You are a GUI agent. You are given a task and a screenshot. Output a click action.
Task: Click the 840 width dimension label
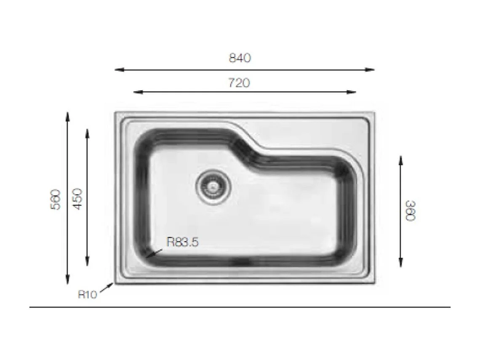(x=240, y=58)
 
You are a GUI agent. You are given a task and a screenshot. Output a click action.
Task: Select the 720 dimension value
(x=239, y=83)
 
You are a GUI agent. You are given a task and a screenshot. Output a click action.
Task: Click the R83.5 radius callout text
(x=182, y=242)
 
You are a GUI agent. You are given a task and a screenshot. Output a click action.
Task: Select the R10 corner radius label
(x=88, y=294)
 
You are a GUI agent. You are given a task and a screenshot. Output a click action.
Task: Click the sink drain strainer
(x=213, y=187)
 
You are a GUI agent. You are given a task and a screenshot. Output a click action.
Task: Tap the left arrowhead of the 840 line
(x=117, y=70)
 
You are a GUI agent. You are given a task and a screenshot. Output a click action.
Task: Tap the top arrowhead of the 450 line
(x=87, y=132)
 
